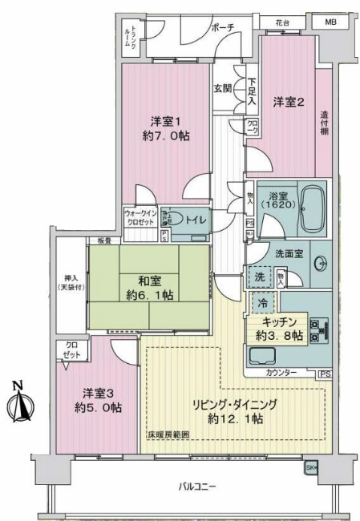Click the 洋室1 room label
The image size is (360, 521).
click(x=167, y=122)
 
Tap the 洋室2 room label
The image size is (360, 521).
click(x=286, y=102)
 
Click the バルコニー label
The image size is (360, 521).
click(x=197, y=486)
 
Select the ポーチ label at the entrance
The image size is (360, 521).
click(x=223, y=27)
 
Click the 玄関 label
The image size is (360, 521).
click(x=223, y=89)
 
